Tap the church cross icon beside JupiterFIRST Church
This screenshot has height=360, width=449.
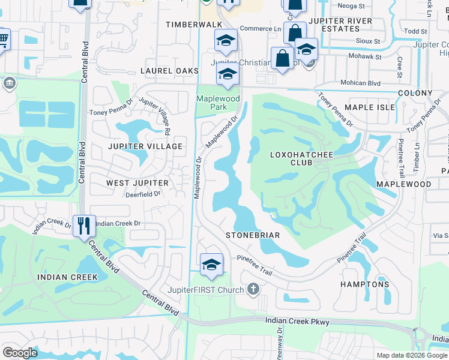[253, 290]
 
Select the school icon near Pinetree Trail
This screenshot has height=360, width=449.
[211, 265]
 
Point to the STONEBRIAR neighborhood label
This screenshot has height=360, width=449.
[253, 235]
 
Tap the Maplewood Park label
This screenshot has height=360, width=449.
[218, 103]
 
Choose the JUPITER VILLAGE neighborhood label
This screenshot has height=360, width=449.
[145, 146]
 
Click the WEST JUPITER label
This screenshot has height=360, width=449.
[135, 182]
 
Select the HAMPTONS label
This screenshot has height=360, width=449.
[365, 284]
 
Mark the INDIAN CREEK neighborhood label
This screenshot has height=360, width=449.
[67, 277]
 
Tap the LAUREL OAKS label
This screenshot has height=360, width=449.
[169, 71]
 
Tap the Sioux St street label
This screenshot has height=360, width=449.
[368, 41]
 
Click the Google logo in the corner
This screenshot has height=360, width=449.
[20, 353]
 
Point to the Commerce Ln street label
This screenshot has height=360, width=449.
[261, 29]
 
